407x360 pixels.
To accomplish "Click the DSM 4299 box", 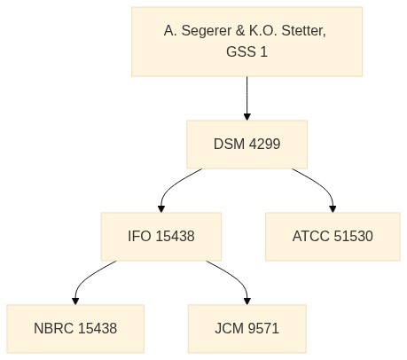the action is [x=247, y=145].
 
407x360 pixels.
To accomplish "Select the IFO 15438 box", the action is [x=161, y=237].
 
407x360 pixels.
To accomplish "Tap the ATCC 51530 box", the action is [x=333, y=237].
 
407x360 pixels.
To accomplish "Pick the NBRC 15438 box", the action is [x=75, y=329].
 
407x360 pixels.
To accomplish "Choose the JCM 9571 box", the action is [x=247, y=329].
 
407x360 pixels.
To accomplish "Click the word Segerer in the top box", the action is [x=207, y=31].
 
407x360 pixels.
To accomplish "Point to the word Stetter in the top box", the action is [x=303, y=31].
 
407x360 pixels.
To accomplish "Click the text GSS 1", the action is [x=247, y=51].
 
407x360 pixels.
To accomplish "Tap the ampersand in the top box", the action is [x=240, y=31].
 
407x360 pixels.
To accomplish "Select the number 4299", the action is [x=264, y=145].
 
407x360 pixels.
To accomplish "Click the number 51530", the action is [x=353, y=237].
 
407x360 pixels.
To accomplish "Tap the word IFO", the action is [x=139, y=237].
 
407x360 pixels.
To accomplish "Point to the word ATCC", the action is [x=311, y=237].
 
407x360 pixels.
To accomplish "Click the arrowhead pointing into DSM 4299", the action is [x=247, y=116].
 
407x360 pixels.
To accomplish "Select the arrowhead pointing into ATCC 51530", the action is [x=333, y=208].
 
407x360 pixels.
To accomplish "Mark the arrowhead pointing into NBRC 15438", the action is [x=75, y=301].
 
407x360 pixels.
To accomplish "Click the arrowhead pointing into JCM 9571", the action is [x=247, y=301].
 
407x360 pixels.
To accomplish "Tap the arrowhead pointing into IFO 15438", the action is [x=161, y=208].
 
